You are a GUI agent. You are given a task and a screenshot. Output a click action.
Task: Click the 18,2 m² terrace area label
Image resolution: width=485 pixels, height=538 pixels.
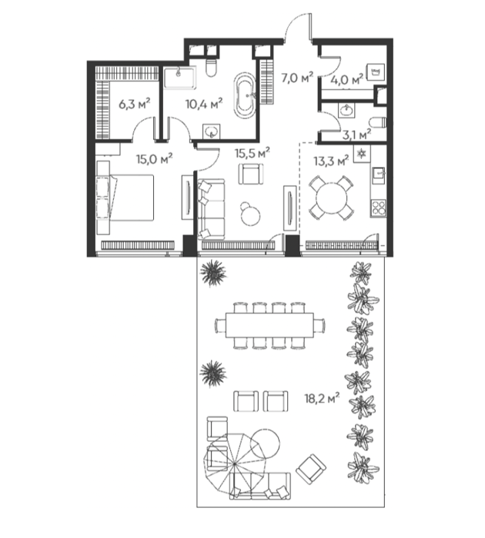(x=322, y=398)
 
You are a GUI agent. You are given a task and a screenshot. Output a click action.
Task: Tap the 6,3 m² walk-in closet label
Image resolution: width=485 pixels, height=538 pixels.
(x=135, y=103)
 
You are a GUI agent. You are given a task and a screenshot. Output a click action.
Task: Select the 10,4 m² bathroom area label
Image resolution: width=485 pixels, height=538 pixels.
(x=204, y=103)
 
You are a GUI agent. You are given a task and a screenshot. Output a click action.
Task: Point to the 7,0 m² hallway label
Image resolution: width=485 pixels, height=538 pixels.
(x=297, y=78)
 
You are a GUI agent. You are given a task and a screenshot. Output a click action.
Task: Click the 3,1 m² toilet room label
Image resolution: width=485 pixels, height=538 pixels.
(x=356, y=134)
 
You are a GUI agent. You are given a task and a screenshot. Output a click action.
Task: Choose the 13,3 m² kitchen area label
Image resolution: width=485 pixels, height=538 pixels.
(x=331, y=161)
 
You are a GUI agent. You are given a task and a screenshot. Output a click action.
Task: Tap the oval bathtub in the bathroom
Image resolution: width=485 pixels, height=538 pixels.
(x=244, y=95)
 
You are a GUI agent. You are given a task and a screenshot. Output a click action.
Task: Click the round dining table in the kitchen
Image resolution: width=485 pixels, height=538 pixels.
(x=331, y=198)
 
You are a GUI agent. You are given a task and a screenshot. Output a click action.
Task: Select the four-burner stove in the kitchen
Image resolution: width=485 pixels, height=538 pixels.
(x=378, y=208)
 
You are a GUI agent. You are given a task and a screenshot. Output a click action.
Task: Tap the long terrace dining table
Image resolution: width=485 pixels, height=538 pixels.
(x=269, y=325)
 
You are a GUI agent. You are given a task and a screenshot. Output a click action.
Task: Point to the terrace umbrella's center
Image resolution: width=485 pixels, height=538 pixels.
(x=234, y=464)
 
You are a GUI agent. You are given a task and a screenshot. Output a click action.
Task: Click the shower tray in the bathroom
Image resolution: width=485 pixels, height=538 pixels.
(x=179, y=77)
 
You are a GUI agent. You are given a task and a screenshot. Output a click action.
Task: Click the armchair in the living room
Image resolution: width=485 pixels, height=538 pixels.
(x=252, y=174)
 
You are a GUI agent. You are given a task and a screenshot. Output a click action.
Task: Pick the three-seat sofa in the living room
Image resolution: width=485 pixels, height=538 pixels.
(x=211, y=208)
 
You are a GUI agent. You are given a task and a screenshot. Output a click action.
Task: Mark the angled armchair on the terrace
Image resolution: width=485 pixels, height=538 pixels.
(x=311, y=467)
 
